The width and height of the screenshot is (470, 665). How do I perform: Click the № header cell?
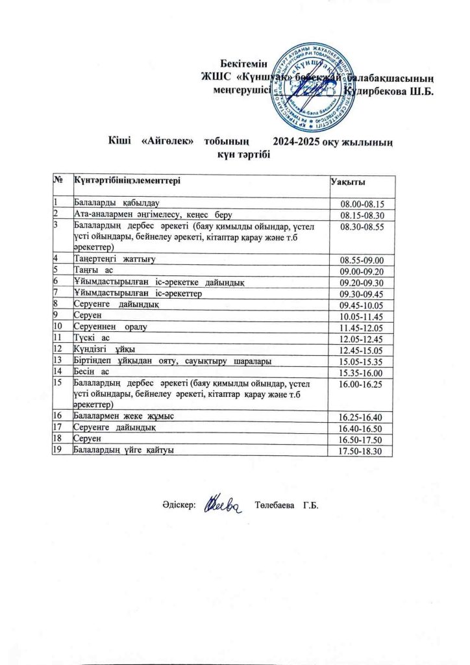click(59, 180)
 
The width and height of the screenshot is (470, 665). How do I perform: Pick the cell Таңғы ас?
click(94, 270)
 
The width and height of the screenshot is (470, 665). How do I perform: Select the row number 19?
click(58, 449)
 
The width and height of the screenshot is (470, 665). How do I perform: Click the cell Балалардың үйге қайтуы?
click(124, 449)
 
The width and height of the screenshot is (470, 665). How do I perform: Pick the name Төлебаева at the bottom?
click(276, 506)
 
